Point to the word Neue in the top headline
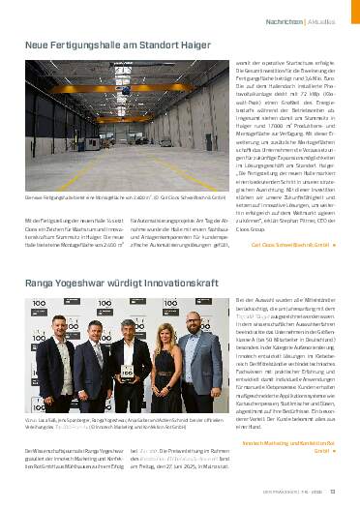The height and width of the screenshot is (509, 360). point(36,46)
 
